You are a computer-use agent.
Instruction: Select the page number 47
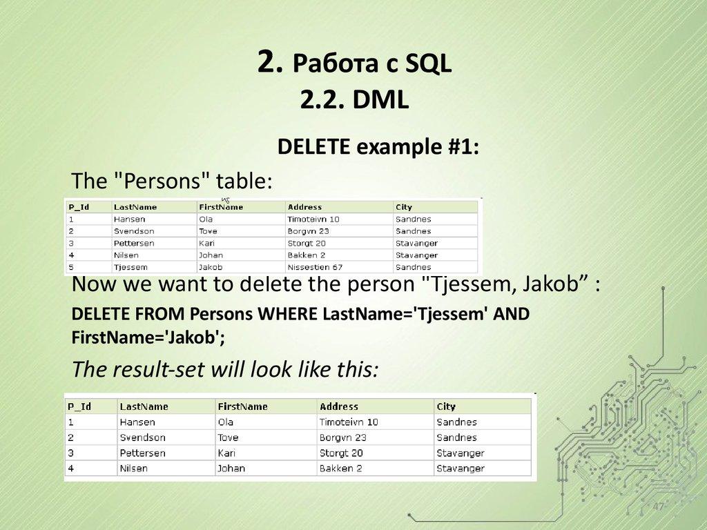pyautogui.click(x=658, y=508)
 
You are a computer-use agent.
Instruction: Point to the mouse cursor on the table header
pyautogui.click(x=225, y=201)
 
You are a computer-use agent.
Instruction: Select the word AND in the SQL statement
pyautogui.click(x=512, y=315)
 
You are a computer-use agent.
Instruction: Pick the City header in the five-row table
pyautogui.click(x=404, y=207)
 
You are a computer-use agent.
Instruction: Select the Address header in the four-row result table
pyautogui.click(x=339, y=406)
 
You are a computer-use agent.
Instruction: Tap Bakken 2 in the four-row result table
pyautogui.click(x=340, y=469)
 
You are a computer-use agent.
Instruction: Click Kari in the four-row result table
pyautogui.click(x=226, y=453)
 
